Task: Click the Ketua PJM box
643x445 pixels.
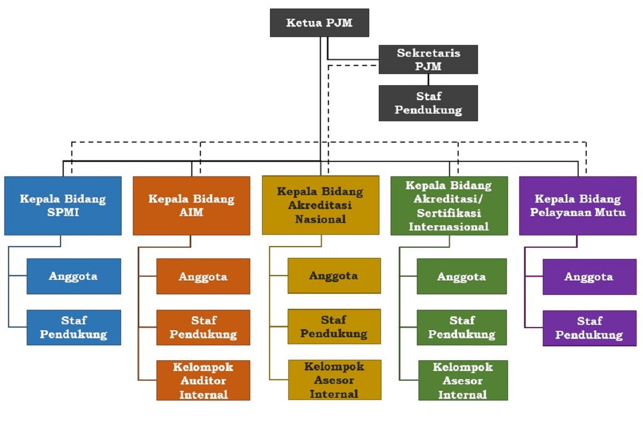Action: point(319,23)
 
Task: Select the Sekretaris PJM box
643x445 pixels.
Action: point(428,60)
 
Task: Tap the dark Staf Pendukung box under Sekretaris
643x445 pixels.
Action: point(428,103)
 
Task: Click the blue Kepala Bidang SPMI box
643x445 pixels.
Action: point(63,206)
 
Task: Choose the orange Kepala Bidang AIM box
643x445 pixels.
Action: point(191,206)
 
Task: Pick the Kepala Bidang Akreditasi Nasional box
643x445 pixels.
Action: point(320,205)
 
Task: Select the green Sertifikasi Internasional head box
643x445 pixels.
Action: point(449,206)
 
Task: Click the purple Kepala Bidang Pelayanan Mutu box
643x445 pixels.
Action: point(578,206)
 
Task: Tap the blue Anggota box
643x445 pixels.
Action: point(74,276)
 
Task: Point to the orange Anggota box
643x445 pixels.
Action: point(203,276)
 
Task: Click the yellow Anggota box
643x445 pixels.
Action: point(334,276)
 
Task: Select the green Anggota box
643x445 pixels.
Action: point(461,276)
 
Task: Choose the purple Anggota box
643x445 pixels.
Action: point(589,277)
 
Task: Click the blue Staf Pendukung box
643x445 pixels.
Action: point(74,327)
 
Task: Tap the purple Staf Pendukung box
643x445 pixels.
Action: point(589,328)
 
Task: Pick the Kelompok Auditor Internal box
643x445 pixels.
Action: point(203,380)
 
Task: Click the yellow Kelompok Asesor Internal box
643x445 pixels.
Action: point(334,380)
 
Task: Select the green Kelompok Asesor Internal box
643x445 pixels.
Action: point(463,380)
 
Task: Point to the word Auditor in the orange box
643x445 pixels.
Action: point(203,381)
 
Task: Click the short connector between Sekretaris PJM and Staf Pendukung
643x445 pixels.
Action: point(428,79)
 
